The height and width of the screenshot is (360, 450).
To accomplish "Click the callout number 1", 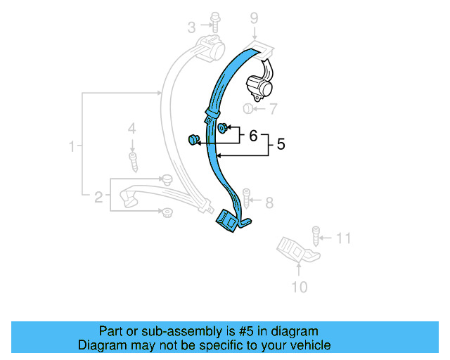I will click(72, 146).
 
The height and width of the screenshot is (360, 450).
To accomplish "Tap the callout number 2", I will click(99, 196).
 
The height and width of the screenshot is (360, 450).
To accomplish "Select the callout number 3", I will click(191, 27).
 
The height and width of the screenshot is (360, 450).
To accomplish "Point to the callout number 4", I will click(131, 128).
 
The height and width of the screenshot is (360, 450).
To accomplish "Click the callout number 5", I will click(281, 145).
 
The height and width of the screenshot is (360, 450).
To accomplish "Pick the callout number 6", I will click(253, 136).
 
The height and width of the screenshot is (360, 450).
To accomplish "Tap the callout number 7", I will click(274, 109).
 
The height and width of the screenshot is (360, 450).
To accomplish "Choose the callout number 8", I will click(269, 203).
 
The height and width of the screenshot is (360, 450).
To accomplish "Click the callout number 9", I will click(254, 18).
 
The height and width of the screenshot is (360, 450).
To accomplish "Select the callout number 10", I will click(299, 286).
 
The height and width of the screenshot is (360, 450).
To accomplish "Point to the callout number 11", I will click(342, 238).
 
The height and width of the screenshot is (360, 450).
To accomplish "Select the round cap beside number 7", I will click(248, 109).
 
